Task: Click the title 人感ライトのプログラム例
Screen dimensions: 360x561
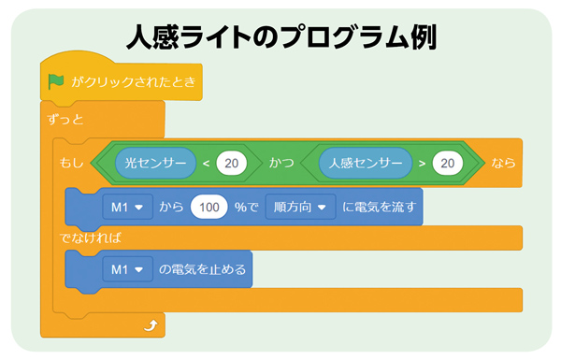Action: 280,36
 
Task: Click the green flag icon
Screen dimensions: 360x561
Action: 57,82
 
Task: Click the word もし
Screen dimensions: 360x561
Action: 71,163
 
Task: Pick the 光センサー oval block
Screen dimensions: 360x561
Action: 156,163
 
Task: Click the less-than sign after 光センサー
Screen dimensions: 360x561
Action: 207,163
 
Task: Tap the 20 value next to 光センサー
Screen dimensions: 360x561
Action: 231,163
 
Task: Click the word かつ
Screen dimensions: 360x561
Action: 281,163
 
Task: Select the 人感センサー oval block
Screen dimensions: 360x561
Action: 366,163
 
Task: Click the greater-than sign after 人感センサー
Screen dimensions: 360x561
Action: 423,163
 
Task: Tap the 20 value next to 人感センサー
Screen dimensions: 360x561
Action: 448,163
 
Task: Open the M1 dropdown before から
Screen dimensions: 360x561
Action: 126,206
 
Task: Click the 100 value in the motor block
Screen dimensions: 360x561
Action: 211,206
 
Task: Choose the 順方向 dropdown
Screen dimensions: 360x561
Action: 299,206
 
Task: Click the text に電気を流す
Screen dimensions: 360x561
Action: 379,206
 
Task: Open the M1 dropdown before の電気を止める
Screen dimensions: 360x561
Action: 126,270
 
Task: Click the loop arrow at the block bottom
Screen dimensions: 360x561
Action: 149,325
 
